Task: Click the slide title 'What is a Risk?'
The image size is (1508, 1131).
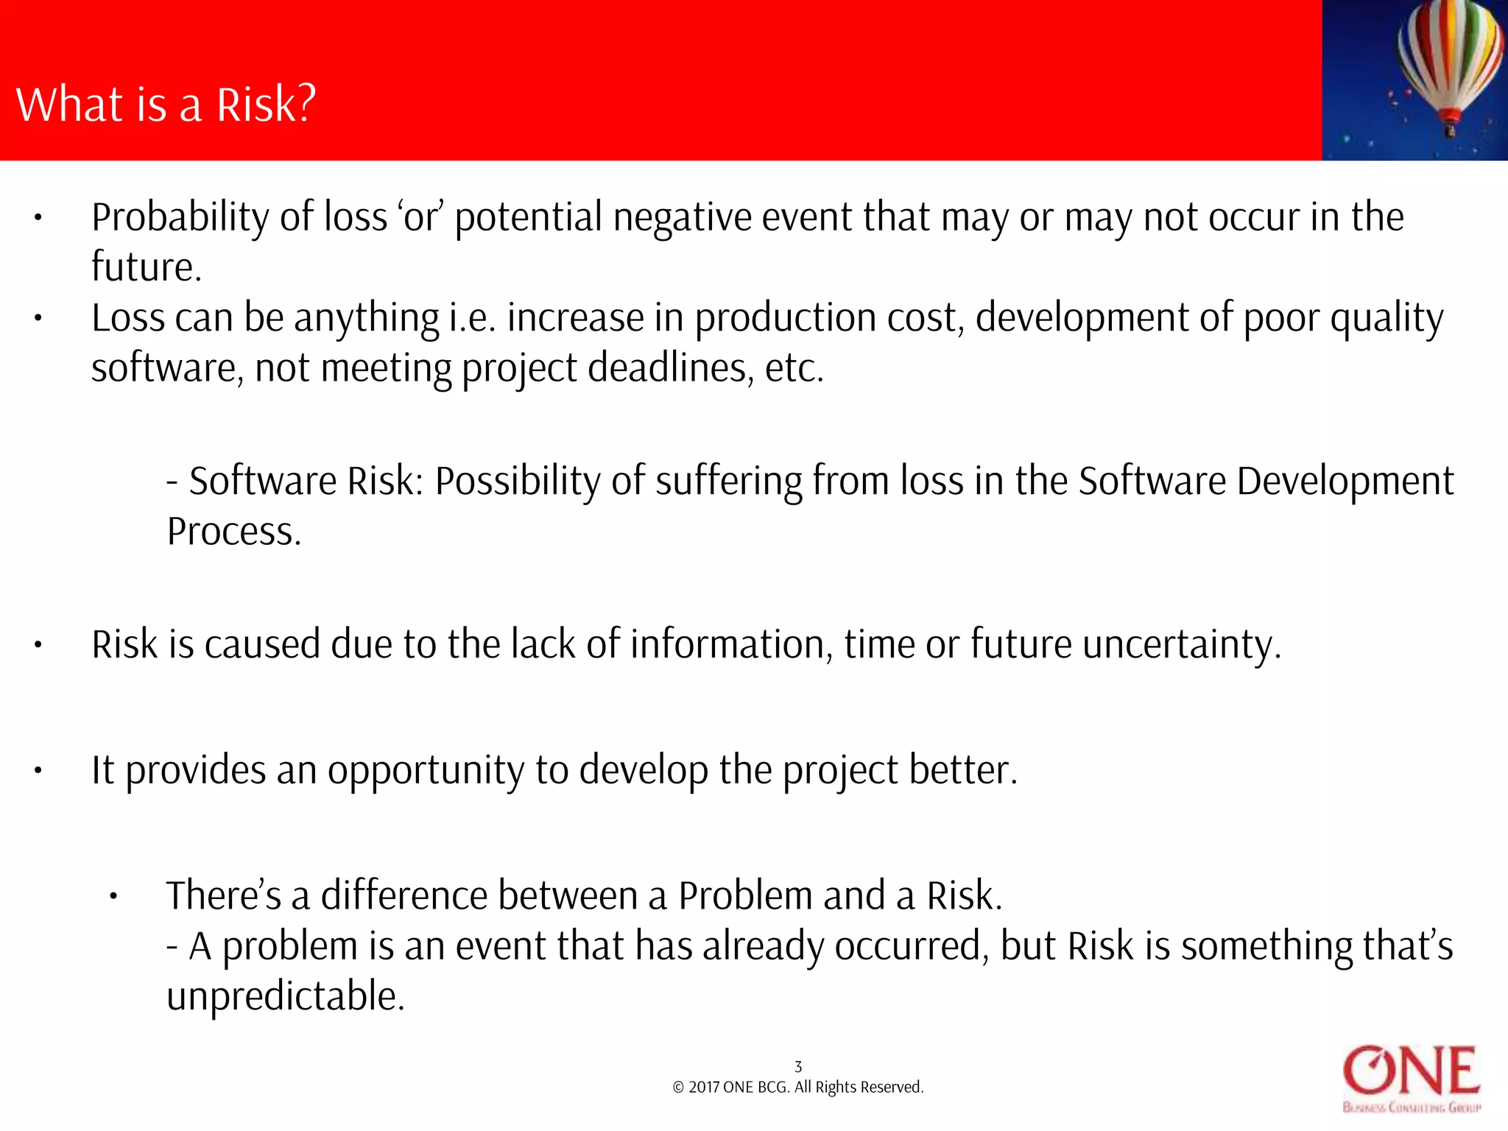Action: [x=166, y=105]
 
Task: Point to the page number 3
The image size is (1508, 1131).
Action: [x=798, y=1066]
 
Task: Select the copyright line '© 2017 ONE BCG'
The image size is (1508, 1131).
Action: [x=797, y=1088]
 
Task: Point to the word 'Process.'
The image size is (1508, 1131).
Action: [x=234, y=532]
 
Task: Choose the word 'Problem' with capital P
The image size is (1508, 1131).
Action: [x=745, y=896]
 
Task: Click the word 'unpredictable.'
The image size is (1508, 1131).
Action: [x=286, y=996]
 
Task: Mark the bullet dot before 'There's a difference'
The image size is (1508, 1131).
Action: [x=113, y=897]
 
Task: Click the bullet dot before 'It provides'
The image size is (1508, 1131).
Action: [x=38, y=771]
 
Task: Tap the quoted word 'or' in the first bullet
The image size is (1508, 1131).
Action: [x=420, y=218]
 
